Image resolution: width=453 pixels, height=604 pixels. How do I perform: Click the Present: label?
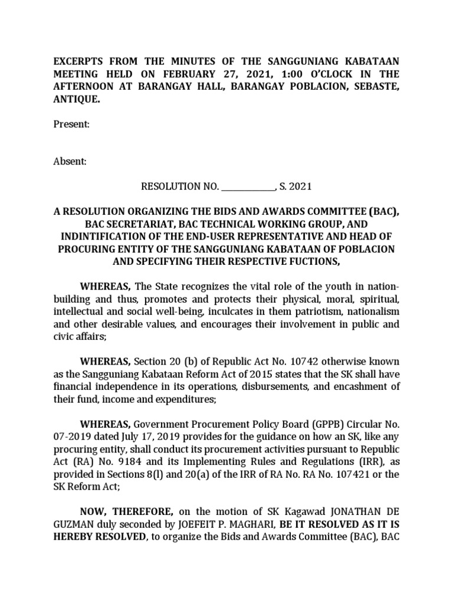click(x=72, y=124)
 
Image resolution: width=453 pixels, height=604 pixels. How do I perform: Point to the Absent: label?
click(x=70, y=162)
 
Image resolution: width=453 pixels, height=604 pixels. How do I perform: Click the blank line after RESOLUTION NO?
click(x=248, y=187)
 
